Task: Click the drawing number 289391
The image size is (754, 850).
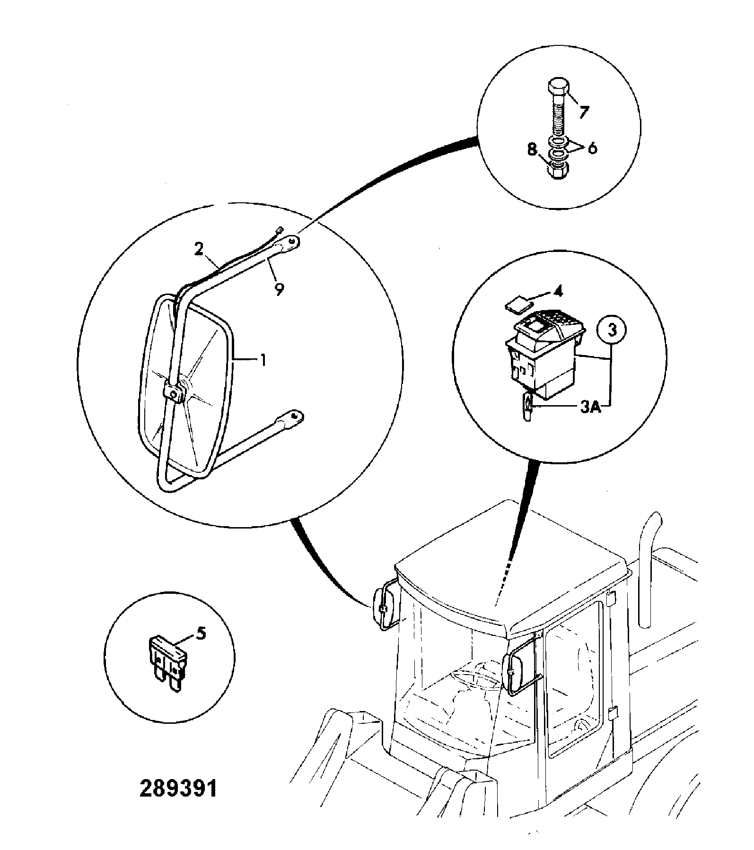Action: click(178, 789)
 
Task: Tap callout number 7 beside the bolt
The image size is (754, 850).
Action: click(584, 112)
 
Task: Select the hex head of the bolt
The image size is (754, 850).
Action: click(558, 88)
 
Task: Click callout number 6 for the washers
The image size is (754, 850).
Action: click(592, 148)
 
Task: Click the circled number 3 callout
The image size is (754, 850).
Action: click(612, 330)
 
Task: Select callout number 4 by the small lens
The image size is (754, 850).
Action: click(559, 292)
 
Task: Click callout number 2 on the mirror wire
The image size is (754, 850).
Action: click(199, 249)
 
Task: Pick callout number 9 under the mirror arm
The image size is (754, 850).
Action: click(279, 289)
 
